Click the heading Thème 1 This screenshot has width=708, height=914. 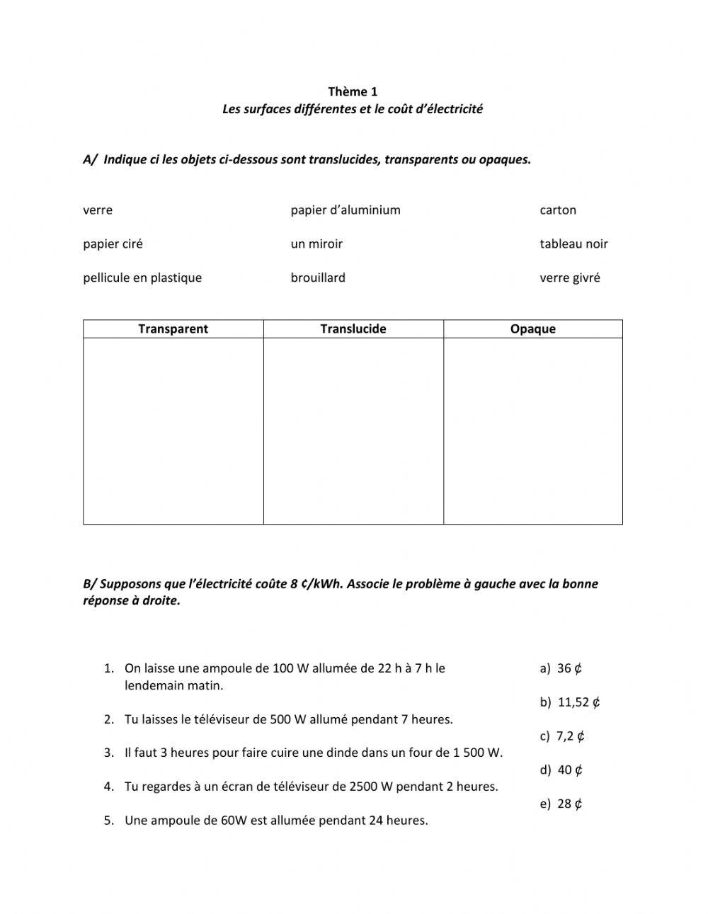pos(353,91)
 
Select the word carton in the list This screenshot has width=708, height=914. pos(558,210)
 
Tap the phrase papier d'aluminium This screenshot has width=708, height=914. pos(346,210)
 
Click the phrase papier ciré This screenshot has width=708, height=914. pos(113,244)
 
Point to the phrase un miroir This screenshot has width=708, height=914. pos(316,244)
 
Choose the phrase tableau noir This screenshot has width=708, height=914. pos(573,244)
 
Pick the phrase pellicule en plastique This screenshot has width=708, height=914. pos(142,278)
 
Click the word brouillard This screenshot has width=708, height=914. pos(318,278)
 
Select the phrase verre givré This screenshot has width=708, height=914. pos(569,278)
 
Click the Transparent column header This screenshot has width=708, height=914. pos(173,329)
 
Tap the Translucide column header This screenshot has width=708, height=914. pos(353,329)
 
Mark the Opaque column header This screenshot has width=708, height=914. pos(533,329)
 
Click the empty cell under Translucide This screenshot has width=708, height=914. pos(353,430)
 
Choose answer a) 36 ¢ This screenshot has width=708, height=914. pos(561,668)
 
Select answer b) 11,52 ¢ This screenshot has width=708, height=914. pos(570,702)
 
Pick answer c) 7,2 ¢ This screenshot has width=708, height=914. pos(562,736)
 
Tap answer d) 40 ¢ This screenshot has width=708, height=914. pos(561,770)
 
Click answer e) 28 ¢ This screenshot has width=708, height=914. pos(561,804)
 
